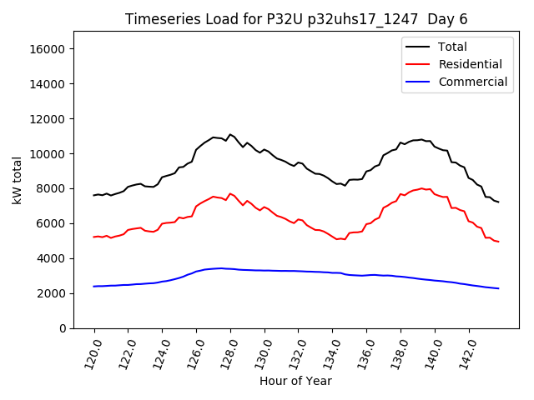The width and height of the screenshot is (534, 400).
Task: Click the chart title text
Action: coord(296,19)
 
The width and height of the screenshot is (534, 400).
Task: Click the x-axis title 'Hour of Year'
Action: coord(295,381)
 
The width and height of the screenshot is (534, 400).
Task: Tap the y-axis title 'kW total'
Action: coord(18,180)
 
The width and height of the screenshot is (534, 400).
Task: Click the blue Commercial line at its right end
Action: coord(498,288)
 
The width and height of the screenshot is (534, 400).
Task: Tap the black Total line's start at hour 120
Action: coord(94,195)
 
